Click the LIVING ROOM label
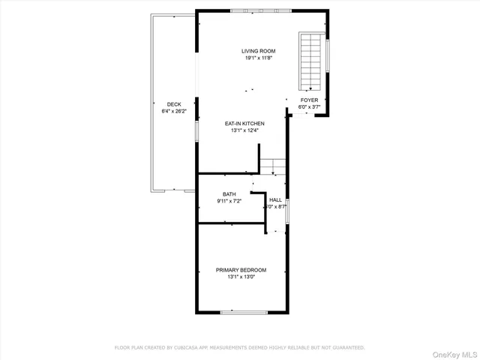(x=253, y=52)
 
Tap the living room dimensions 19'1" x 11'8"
(x=253, y=58)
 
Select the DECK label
(x=174, y=104)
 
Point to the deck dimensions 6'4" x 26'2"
(x=174, y=111)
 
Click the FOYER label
(x=309, y=100)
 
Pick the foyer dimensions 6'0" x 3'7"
(x=309, y=106)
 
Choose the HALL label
(x=276, y=199)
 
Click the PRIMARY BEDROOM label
(x=241, y=270)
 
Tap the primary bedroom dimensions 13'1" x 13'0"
(x=241, y=277)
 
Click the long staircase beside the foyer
(x=310, y=60)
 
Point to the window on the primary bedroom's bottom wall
(x=241, y=311)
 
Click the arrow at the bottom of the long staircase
(x=310, y=88)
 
